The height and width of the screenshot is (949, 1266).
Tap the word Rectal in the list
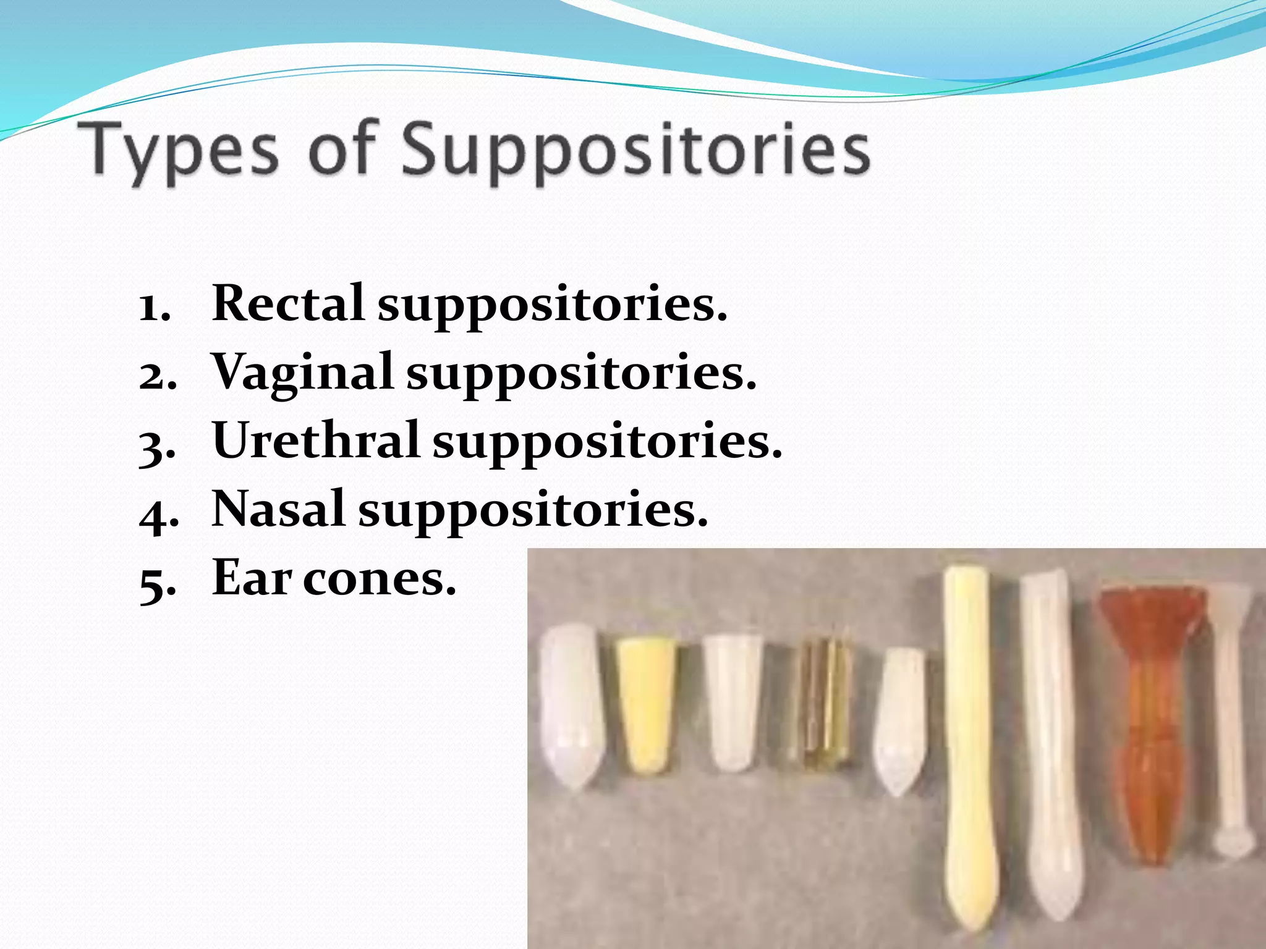coord(287,304)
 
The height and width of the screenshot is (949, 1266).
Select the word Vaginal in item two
coord(302,373)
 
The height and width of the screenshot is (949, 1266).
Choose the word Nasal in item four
coord(278,509)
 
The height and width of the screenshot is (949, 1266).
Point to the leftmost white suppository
coord(572,704)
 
